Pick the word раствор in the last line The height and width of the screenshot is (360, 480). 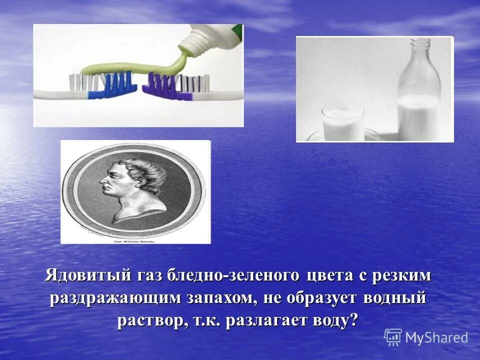tap(152, 321)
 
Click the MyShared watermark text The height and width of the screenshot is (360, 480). tap(436, 337)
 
